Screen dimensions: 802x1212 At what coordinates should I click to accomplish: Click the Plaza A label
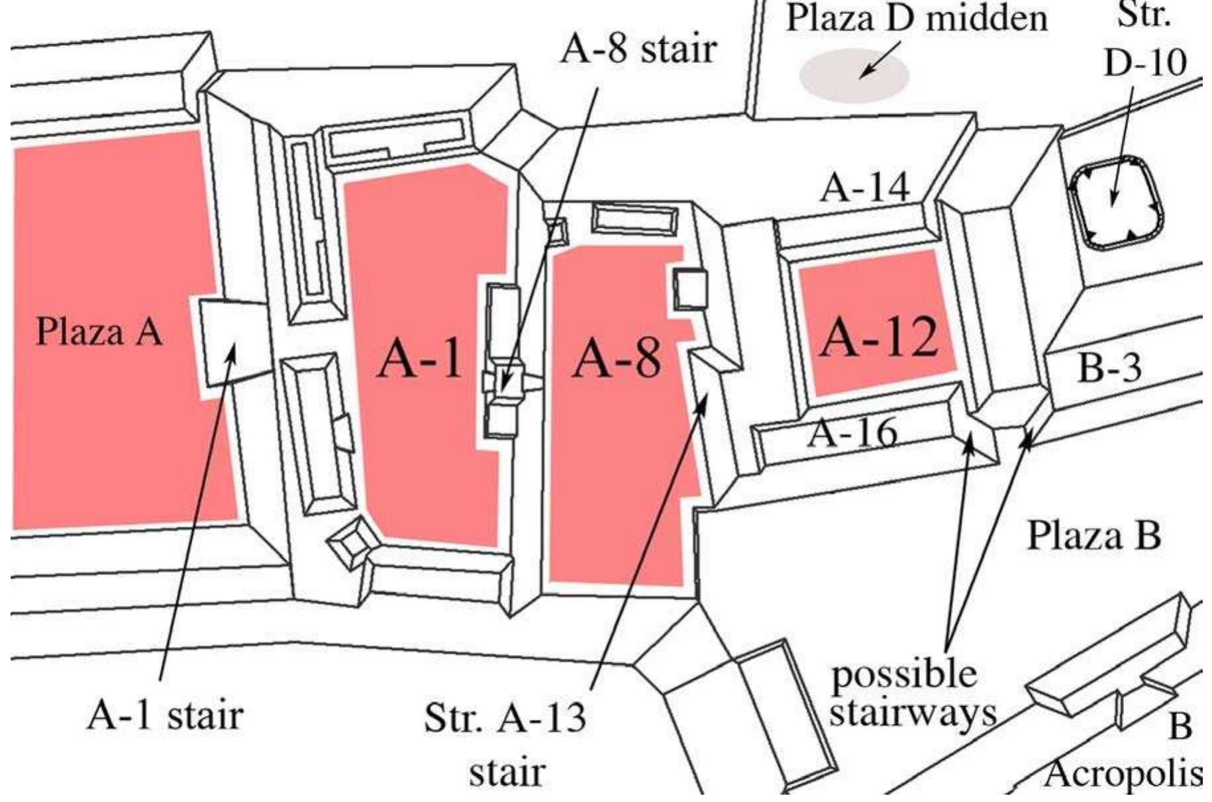(99, 331)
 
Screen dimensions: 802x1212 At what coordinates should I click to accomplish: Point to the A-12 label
(879, 336)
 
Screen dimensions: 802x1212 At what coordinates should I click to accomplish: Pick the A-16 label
(854, 434)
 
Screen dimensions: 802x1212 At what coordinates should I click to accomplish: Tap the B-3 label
(1109, 368)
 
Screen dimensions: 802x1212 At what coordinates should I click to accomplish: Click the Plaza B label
(1093, 535)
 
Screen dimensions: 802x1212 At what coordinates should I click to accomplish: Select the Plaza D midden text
(917, 19)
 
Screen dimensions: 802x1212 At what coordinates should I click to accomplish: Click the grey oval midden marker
(854, 75)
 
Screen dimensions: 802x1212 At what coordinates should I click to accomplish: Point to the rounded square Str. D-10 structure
(1117, 203)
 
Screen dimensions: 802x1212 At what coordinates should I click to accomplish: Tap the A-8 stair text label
(638, 49)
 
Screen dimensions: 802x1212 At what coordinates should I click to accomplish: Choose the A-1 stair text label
(165, 716)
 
